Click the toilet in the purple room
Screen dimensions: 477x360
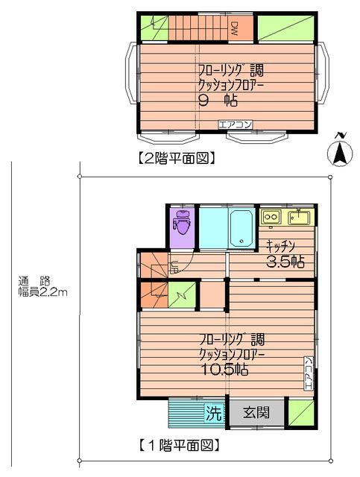[x=181, y=223]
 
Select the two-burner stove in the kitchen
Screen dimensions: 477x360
[x=271, y=218]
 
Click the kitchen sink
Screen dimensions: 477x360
[x=300, y=218]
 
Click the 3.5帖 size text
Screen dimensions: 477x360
[x=285, y=262]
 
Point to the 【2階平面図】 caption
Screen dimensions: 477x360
[x=177, y=157]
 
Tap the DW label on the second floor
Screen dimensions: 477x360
[x=233, y=28]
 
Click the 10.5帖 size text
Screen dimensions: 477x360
[x=224, y=369]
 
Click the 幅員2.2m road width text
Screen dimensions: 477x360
[x=43, y=292]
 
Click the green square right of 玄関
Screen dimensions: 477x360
[x=301, y=412]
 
